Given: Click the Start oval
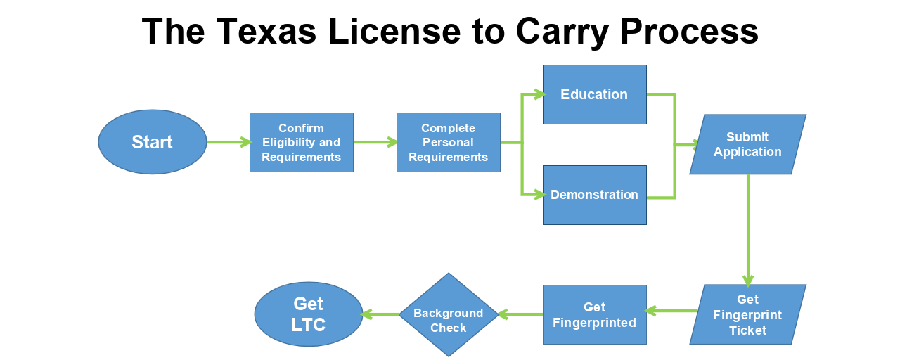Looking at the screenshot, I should (153, 142).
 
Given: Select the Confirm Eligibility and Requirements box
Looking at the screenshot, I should (302, 142).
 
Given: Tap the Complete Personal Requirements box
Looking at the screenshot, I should (448, 142).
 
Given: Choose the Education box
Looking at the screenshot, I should (594, 94).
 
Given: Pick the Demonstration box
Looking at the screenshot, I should (594, 195).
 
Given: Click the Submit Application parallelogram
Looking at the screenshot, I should (747, 144).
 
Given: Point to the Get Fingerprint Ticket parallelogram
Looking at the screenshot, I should (747, 314).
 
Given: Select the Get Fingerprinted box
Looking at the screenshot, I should (594, 314).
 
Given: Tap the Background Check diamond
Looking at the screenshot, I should (449, 314).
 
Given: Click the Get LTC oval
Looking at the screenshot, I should (308, 314).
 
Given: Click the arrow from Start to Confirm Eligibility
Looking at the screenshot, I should (229, 142).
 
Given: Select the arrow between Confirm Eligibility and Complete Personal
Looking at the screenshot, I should (375, 142).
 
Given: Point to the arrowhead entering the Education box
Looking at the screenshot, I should (539, 94).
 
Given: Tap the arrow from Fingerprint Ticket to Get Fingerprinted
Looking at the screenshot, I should (671, 310).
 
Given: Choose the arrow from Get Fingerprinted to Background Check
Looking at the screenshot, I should (520, 314).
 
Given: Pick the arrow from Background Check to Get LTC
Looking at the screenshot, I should (380, 314).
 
